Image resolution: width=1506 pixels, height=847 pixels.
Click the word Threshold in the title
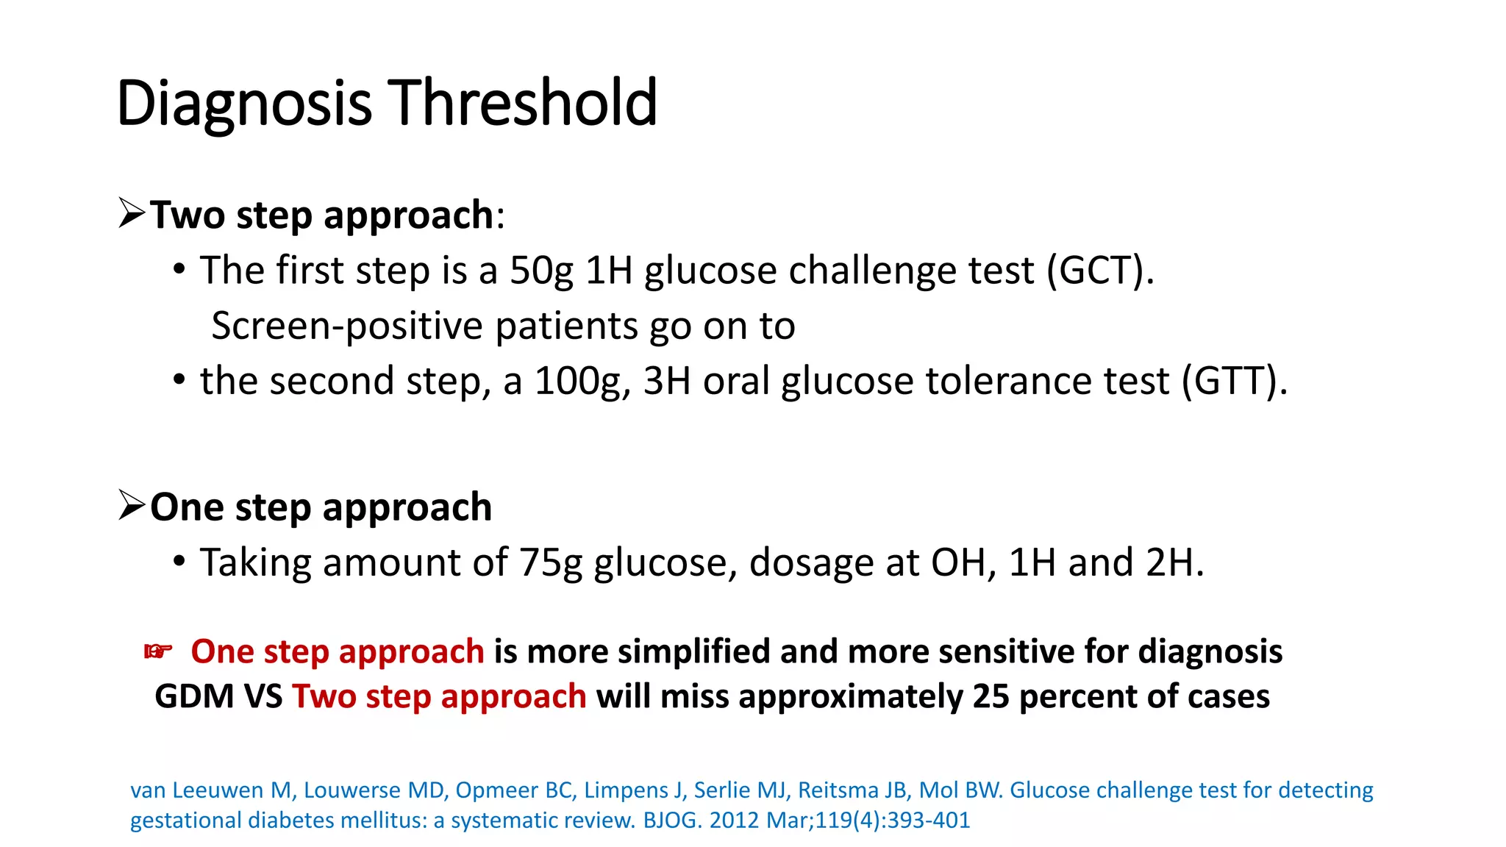point(522,103)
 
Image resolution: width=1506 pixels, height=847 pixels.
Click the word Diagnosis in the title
point(244,103)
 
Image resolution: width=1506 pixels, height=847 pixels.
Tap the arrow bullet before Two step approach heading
point(132,213)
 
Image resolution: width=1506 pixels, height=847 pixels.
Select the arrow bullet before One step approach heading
point(132,505)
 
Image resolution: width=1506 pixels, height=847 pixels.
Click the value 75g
point(551,562)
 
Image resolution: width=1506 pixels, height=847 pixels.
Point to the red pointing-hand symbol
point(158,651)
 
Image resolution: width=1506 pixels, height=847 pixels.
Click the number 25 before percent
point(992,696)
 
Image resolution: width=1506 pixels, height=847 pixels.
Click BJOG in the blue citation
point(671,820)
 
